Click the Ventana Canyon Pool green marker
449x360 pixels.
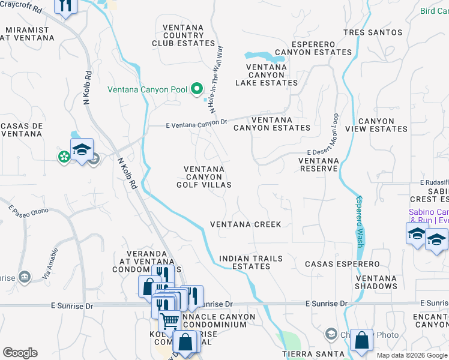(197, 89)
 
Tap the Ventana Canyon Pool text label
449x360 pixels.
(147, 90)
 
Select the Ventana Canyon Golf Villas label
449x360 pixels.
(204, 177)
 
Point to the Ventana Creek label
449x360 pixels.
(246, 224)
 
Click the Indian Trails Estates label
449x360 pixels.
(250, 262)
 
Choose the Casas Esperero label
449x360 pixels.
(342, 264)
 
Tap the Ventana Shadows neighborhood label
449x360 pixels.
(376, 282)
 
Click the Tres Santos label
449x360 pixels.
(372, 32)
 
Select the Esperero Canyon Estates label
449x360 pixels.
(313, 48)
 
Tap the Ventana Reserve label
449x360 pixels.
(319, 164)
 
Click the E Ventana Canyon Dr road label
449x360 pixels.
(196, 125)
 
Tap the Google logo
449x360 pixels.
(20, 353)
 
